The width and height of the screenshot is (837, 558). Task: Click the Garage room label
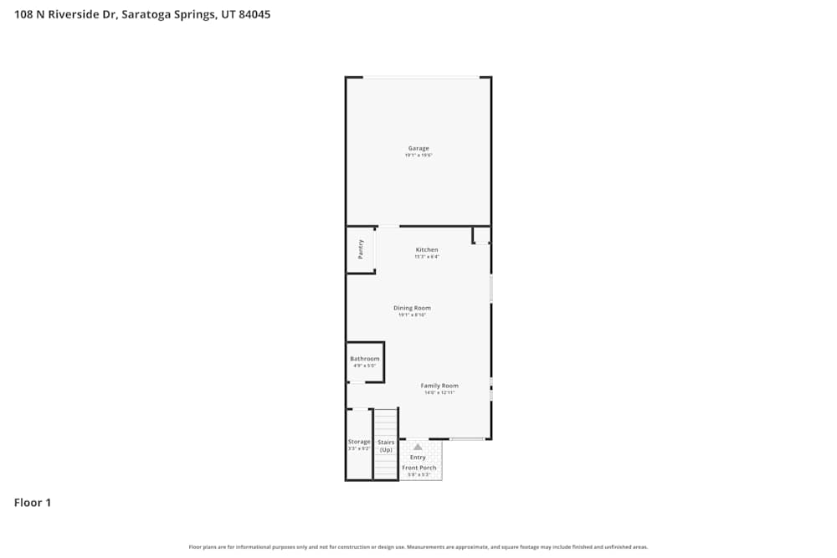click(418, 148)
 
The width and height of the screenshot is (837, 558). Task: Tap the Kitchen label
click(427, 250)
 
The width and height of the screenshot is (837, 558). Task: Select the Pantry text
click(361, 249)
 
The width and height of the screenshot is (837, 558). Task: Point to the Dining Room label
click(412, 308)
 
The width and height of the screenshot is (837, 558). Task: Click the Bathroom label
click(365, 359)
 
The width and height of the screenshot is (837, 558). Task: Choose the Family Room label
click(439, 386)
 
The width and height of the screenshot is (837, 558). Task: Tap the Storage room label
click(359, 442)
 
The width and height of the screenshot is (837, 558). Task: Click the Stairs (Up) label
click(386, 446)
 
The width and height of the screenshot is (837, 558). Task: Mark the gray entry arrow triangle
click(418, 447)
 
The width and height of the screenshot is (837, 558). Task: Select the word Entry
click(418, 458)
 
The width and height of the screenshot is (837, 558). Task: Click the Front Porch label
click(419, 468)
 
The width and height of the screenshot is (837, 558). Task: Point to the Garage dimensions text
click(418, 156)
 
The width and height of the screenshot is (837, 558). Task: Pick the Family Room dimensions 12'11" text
click(439, 392)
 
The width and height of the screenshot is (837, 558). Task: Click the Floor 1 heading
click(33, 503)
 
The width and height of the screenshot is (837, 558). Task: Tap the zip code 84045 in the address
click(254, 14)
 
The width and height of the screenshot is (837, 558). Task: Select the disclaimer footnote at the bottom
click(418, 547)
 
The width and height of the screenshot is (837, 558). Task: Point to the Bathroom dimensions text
click(365, 366)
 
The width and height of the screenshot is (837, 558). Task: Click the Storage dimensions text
click(359, 449)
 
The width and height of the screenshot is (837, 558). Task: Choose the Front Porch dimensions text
click(419, 475)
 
